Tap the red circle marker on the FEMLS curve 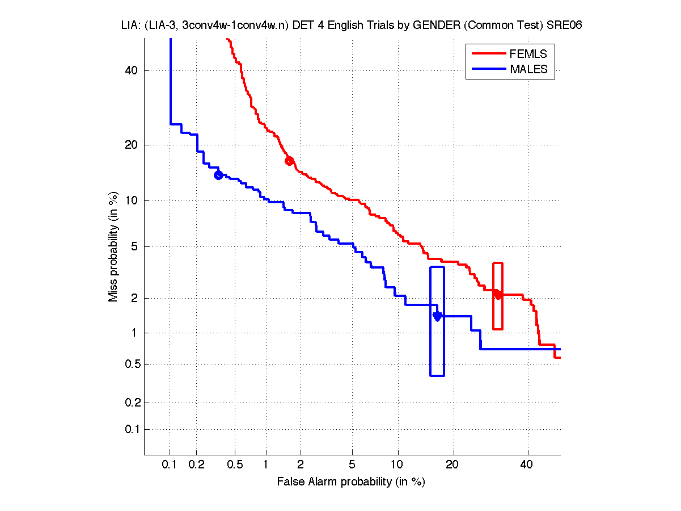coord(289,161)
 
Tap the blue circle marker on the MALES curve coord(218,175)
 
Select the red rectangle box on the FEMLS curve coord(498,296)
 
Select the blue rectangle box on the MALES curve coord(437,321)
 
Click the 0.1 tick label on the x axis coord(170,464)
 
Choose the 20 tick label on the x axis coord(451,464)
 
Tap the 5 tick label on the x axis coord(352,464)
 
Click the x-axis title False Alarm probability coord(350,482)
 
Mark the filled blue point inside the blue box coord(437,316)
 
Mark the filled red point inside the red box coord(498,294)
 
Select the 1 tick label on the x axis coord(265,464)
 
